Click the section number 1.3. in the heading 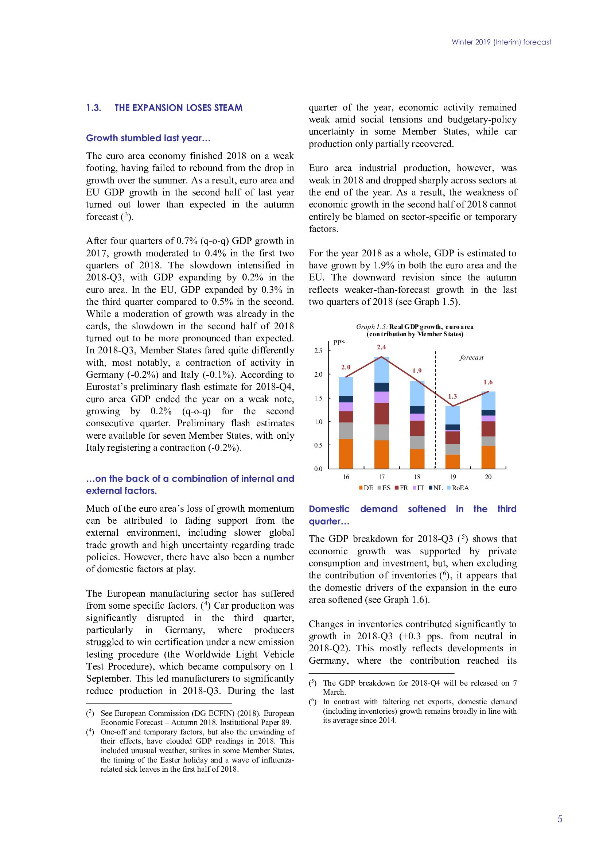pos(94,108)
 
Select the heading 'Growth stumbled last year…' pos(148,138)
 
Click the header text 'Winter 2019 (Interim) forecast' pos(501,42)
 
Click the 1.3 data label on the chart pos(452,396)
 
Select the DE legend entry pos(366,488)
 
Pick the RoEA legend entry pos(458,488)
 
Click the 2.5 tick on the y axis pos(318,351)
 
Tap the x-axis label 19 pos(453,477)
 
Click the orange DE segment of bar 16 pos(346,454)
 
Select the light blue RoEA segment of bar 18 pos(417,393)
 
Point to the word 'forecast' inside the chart pos(471,357)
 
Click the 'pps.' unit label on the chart pos(339,341)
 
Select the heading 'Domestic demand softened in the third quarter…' pos(412,515)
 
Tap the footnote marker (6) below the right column pos(313,701)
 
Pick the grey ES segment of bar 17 pos(381,432)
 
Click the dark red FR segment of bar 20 pos(488,429)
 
